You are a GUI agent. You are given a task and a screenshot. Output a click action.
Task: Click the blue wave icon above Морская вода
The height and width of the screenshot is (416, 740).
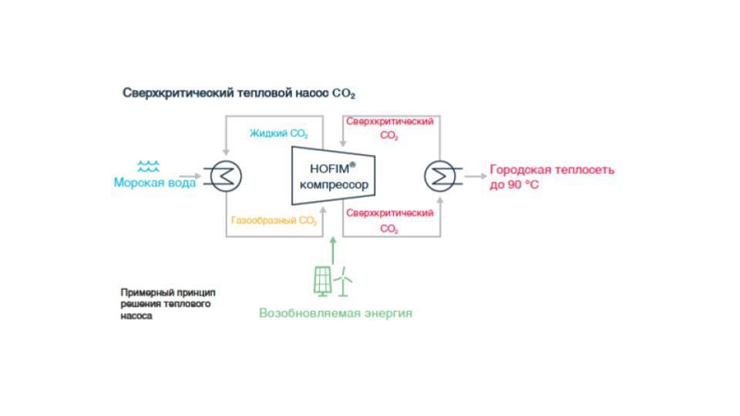click(148, 166)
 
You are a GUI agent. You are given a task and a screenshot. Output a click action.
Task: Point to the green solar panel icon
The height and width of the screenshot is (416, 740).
click(323, 282)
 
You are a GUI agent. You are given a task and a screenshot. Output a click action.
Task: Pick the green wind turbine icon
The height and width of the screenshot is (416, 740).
click(343, 282)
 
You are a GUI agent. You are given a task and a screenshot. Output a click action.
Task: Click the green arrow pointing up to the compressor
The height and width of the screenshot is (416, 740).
click(333, 250)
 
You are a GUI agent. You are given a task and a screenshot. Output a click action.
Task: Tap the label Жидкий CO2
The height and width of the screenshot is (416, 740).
click(279, 133)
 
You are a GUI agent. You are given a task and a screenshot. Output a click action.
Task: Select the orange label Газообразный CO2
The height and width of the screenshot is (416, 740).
click(274, 221)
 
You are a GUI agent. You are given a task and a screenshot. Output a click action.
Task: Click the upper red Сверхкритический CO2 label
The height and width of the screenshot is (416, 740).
click(390, 129)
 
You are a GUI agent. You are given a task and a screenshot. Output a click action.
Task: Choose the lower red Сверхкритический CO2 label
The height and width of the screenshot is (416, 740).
click(390, 221)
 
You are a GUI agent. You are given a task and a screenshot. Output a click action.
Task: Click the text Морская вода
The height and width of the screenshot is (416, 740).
click(155, 183)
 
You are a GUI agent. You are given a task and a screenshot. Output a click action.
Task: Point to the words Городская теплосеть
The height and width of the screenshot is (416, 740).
click(552, 169)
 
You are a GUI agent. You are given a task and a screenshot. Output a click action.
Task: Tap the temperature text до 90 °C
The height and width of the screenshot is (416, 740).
click(514, 184)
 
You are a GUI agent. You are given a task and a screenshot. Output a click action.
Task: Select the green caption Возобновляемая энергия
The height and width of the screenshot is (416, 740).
click(335, 313)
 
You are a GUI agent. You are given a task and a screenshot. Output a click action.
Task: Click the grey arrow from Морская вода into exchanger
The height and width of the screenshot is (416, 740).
click(190, 176)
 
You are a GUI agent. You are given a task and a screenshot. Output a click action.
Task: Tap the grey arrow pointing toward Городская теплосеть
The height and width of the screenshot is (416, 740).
click(476, 176)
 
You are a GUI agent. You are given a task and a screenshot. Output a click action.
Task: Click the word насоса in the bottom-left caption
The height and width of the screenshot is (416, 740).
click(136, 316)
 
